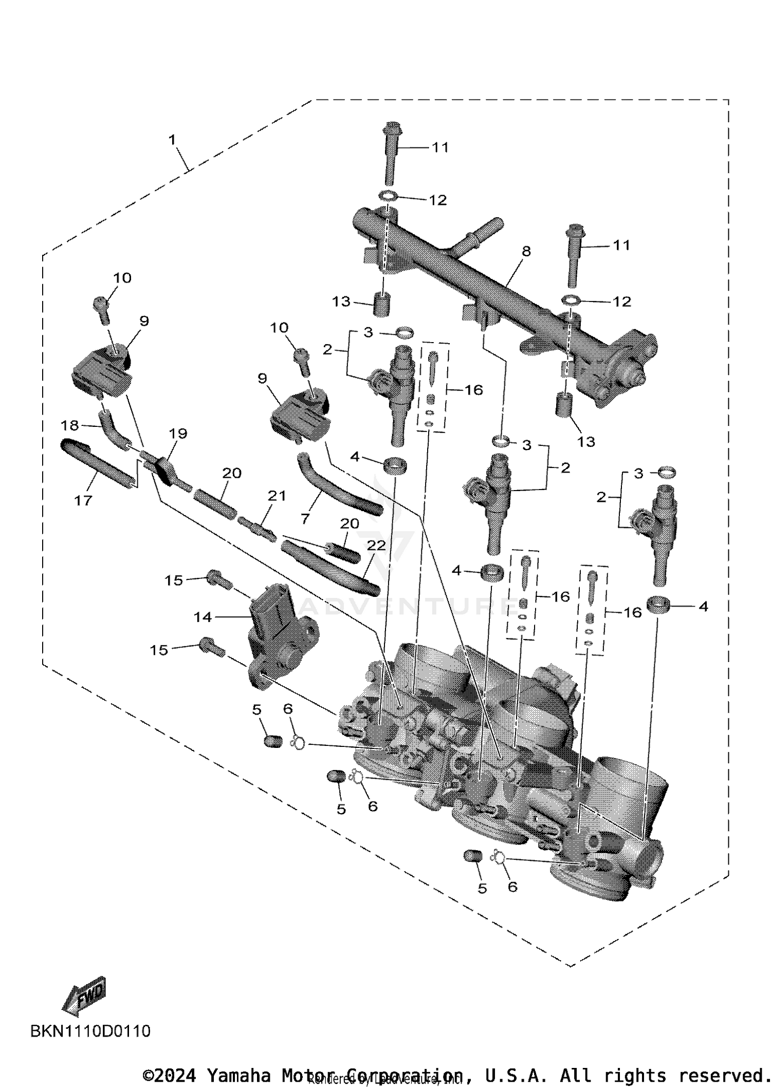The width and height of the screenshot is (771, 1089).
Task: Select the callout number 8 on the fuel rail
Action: pyautogui.click(x=526, y=251)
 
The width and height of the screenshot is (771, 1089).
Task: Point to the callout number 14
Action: pyautogui.click(x=203, y=617)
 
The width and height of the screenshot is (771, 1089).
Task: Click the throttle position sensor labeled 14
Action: pyautogui.click(x=280, y=637)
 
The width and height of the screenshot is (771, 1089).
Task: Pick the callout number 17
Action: pyautogui.click(x=83, y=500)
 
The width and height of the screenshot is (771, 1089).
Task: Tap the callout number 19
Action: pyautogui.click(x=178, y=433)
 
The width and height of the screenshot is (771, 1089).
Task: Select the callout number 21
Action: pyautogui.click(x=277, y=496)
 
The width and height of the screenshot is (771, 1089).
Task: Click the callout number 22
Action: pyautogui.click(x=376, y=546)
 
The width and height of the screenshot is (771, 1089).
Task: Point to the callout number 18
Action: pyautogui.click(x=70, y=425)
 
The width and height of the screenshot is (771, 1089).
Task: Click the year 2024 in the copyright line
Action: pyautogui.click(x=175, y=1075)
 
